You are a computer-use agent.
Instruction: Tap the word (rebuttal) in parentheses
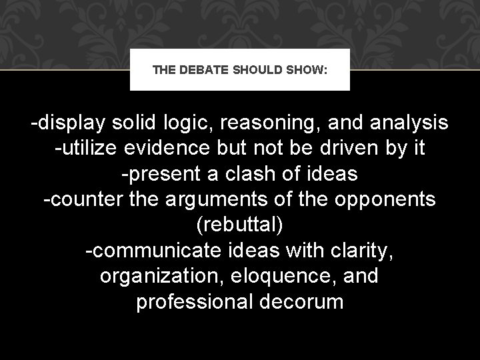[240, 225]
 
